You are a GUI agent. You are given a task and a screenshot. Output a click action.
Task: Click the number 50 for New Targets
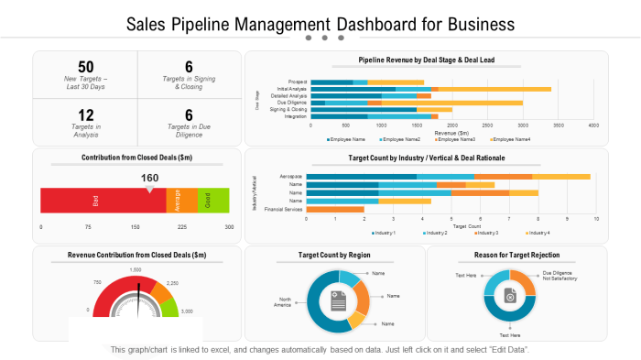pyautogui.click(x=85, y=67)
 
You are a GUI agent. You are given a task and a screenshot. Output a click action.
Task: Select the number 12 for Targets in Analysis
pyautogui.click(x=85, y=115)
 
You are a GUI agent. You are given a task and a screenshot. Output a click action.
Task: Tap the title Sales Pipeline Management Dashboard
pyautogui.click(x=320, y=23)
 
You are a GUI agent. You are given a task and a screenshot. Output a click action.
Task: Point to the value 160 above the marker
pyautogui.click(x=149, y=178)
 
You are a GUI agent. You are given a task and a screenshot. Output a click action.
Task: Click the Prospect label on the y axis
pyautogui.click(x=298, y=82)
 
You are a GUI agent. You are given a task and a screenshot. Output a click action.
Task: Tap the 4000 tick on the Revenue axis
pyautogui.click(x=593, y=125)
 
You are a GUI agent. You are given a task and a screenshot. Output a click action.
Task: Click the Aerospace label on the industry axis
pyautogui.click(x=291, y=176)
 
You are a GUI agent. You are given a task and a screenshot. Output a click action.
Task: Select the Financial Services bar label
pyautogui.click(x=284, y=210)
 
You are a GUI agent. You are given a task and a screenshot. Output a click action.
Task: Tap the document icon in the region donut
pyautogui.click(x=337, y=300)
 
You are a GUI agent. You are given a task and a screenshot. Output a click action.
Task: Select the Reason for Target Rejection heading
pyautogui.click(x=517, y=255)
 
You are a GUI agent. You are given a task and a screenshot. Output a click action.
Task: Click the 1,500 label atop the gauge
pyautogui.click(x=136, y=270)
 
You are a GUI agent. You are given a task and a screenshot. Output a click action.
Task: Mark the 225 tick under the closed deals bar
pyautogui.click(x=181, y=226)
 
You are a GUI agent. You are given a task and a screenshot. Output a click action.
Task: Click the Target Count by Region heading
pyautogui.click(x=334, y=255)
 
